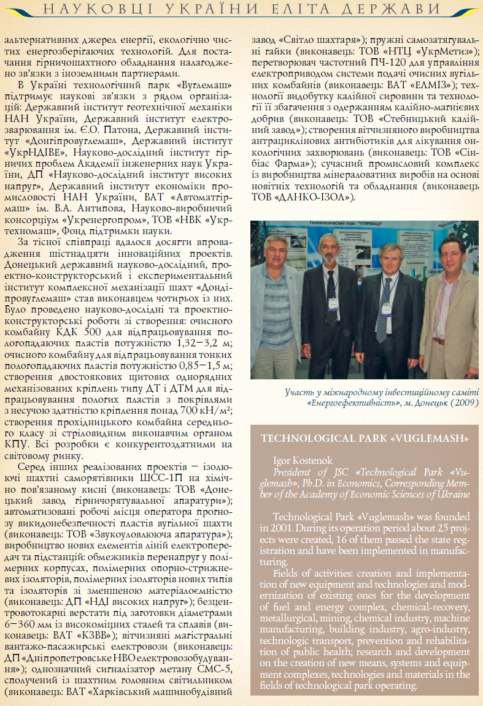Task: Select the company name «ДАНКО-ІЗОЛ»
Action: (x=317, y=197)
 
